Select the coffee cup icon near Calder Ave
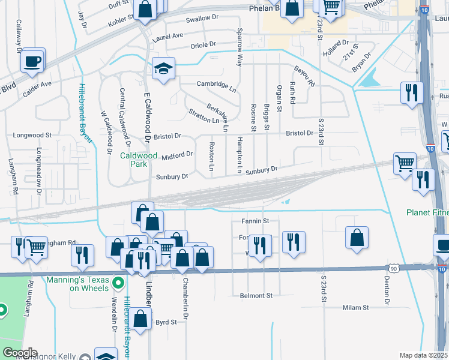coord(32,60)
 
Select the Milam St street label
coord(355,307)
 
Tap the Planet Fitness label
coord(427,212)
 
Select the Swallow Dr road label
coord(201,19)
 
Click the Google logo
coord(20,353)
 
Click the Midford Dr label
coord(177,155)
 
